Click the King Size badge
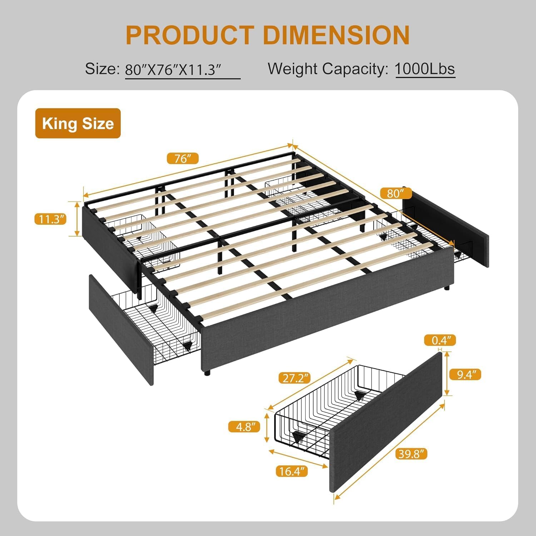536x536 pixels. tap(78, 123)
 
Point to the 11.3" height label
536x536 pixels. tap(51, 219)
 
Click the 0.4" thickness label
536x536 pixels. tap(440, 340)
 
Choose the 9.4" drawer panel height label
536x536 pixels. tap(464, 374)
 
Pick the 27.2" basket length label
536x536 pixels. tap(294, 378)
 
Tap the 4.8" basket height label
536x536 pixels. tap(244, 426)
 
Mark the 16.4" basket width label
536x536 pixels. tap(292, 471)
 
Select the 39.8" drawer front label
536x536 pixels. tap(411, 454)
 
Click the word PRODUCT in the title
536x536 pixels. tap(190, 35)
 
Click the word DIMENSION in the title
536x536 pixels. tap(336, 35)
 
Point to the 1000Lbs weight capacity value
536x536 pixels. tap(425, 69)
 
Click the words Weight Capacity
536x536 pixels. tap(328, 69)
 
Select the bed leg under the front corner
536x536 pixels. tap(207, 373)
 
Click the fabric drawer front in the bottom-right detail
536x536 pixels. tap(386, 422)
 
